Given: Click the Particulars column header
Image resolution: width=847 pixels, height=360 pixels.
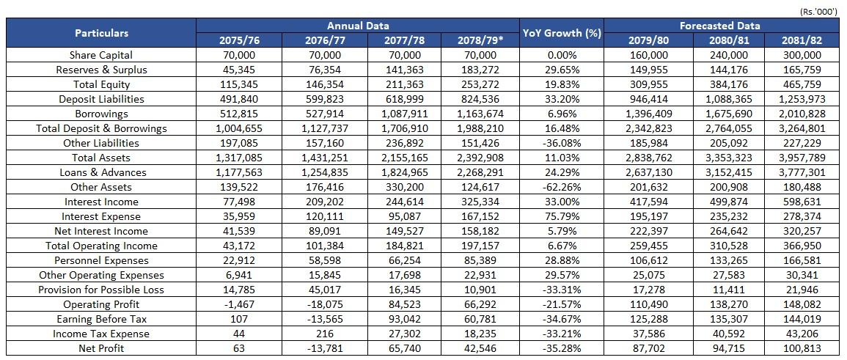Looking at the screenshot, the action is tap(101, 33).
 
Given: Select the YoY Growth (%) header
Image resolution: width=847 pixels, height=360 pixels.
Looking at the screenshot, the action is tap(562, 33).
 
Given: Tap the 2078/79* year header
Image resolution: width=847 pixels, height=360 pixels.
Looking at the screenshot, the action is tap(480, 40).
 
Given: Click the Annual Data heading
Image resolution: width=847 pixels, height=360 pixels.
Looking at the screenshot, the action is tap(358, 26).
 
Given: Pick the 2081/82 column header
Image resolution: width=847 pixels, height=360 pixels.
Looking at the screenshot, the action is tap(802, 40).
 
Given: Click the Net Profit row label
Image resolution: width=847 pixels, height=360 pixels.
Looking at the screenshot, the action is tap(101, 348).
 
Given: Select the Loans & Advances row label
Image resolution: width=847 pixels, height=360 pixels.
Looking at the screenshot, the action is tap(101, 172).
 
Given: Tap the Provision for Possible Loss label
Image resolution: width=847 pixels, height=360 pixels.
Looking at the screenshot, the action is tap(101, 290).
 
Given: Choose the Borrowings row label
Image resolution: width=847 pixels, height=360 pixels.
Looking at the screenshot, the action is tap(101, 114).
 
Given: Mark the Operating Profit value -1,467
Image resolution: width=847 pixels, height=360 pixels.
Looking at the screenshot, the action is tap(239, 304).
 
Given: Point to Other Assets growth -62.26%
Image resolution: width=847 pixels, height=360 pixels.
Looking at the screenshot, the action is tap(562, 187).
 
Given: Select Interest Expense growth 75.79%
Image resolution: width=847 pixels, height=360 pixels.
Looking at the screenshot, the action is tap(562, 216).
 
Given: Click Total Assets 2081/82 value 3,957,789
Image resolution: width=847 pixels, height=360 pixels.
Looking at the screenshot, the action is tap(802, 158).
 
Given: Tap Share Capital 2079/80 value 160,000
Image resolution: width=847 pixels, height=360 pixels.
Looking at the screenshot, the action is tap(648, 55).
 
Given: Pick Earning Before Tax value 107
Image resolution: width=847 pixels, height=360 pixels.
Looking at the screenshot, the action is tap(239, 318).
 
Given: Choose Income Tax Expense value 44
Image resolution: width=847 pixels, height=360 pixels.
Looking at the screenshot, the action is tap(239, 334).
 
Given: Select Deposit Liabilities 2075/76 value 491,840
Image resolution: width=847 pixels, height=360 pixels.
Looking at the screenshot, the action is tap(239, 99).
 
